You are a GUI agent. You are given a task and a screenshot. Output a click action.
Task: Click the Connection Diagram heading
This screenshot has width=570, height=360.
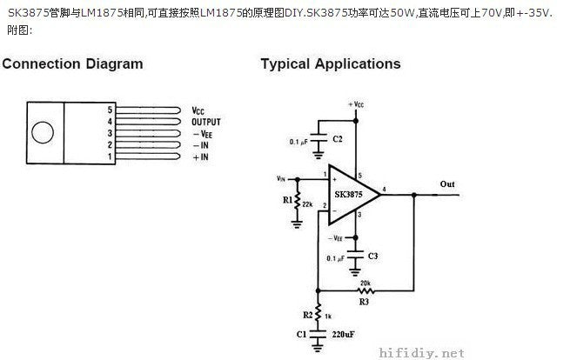72,64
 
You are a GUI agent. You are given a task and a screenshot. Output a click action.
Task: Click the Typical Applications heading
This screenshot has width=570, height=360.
331,64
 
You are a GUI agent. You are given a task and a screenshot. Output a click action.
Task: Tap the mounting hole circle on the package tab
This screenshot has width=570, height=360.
41,133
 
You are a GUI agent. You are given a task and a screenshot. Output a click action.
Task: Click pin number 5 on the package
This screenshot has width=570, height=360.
110,111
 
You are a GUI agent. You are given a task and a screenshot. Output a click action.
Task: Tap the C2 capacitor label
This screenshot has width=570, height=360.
339,138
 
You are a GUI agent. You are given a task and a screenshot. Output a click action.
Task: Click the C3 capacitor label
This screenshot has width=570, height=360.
372,256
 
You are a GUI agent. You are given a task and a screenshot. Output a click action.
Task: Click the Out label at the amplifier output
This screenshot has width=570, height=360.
447,184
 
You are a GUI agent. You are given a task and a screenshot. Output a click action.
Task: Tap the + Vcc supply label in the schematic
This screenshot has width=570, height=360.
356,103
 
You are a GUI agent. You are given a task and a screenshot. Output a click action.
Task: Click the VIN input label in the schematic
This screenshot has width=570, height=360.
281,178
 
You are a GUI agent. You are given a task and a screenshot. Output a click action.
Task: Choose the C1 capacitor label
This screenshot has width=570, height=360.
301,334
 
